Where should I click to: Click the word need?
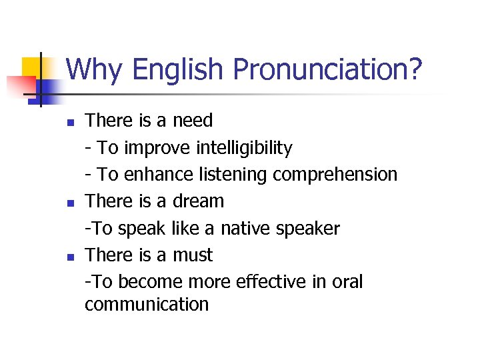[x=193, y=121]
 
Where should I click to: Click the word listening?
[x=233, y=175]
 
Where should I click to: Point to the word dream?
[x=199, y=201]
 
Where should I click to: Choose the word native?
[x=250, y=229]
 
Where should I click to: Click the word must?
[x=193, y=255]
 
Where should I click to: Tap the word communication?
[x=147, y=305]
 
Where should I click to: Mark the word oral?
[x=347, y=282]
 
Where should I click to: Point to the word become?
[x=149, y=282]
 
